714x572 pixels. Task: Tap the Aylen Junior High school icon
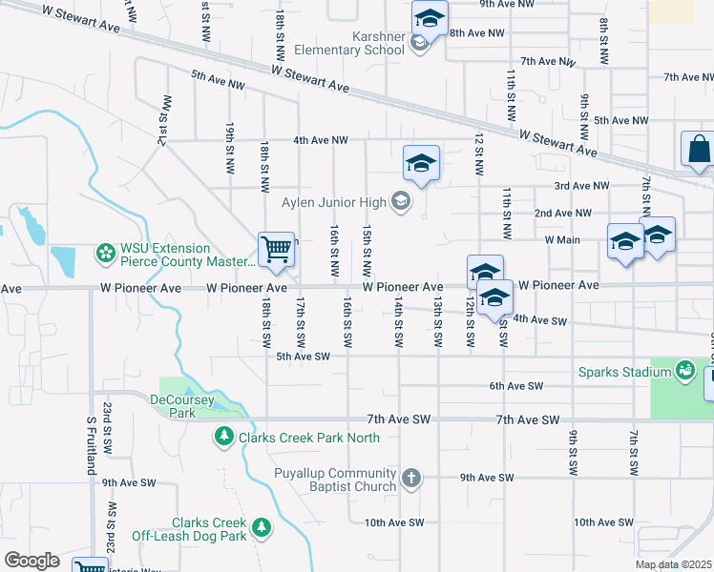402,201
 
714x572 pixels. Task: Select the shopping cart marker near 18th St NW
276,250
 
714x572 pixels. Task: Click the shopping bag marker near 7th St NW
698,150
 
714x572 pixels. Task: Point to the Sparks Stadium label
623,371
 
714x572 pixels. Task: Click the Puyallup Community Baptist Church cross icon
411,479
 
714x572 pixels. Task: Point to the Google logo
31,561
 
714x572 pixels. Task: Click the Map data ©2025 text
673,564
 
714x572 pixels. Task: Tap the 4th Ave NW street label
321,140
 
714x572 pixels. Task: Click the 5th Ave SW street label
303,357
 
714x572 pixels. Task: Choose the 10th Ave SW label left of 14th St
393,522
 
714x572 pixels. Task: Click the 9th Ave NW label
508,4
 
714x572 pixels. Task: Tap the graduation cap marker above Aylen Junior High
421,163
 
